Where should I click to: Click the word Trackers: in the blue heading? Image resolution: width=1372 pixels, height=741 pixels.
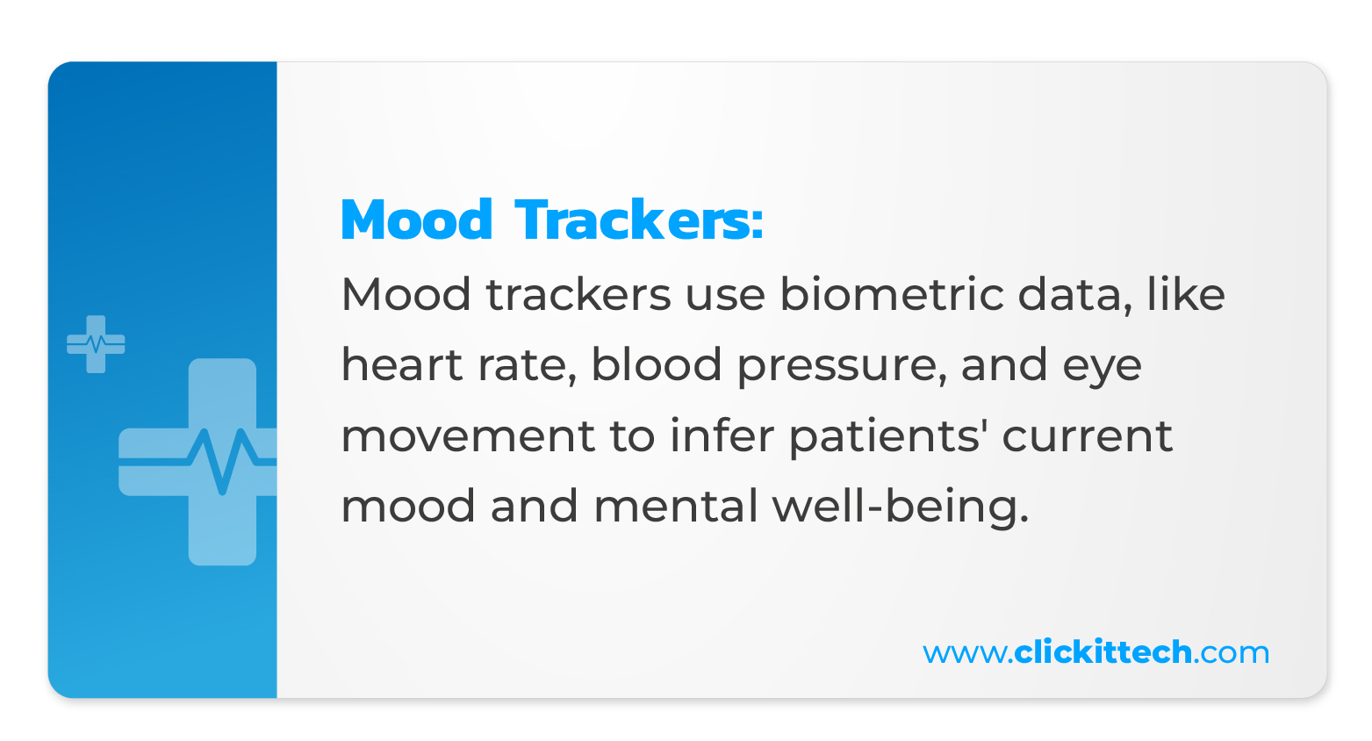tap(639, 219)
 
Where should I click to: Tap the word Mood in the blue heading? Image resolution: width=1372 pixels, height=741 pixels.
tap(416, 219)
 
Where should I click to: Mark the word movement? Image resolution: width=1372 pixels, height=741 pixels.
tap(468, 436)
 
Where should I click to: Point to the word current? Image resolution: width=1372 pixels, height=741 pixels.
tap(1088, 436)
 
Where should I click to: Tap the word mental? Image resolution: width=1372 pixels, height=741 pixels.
tap(676, 505)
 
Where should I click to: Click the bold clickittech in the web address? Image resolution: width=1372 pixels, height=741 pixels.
tap(1103, 651)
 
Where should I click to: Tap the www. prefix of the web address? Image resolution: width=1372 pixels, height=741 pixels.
tap(967, 654)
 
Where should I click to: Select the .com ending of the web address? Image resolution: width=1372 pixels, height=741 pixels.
tap(1232, 654)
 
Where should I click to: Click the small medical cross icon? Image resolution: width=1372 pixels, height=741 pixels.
tap(96, 344)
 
